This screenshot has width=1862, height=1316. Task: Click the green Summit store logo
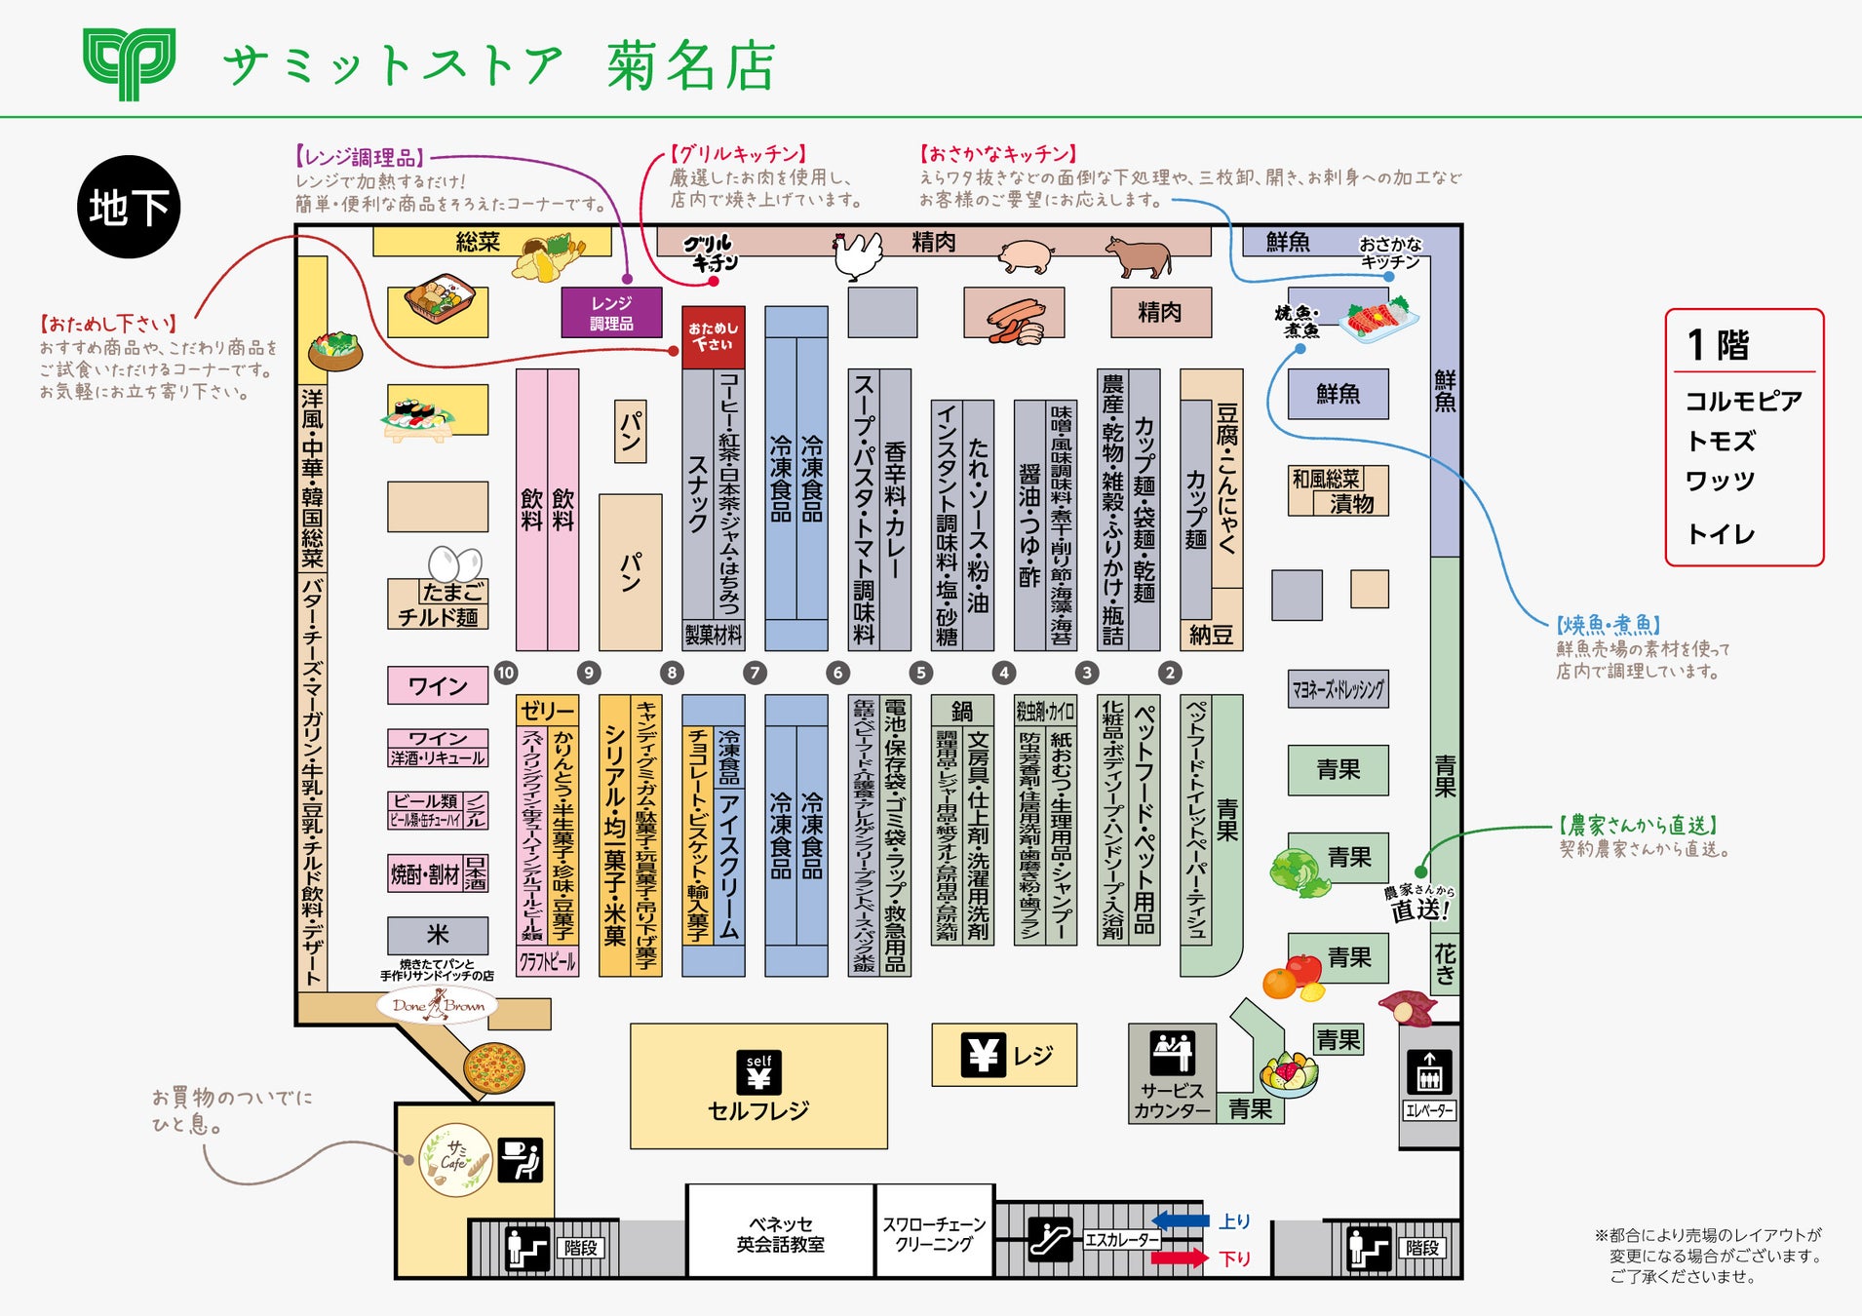coord(129,63)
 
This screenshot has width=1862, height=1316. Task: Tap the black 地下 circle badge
coord(129,207)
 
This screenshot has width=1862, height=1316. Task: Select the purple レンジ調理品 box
coord(611,313)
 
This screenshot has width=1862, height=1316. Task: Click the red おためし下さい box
coord(714,336)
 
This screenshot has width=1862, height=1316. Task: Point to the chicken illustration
coord(857,254)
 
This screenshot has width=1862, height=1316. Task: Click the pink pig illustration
coord(1027,256)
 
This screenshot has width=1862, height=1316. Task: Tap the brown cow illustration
coord(1139,255)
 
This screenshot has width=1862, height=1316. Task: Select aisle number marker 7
coord(755,673)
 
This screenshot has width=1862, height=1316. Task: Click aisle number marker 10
coord(505,673)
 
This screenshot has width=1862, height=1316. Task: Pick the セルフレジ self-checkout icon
coord(759,1072)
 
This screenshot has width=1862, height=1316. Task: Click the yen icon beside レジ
coord(983,1055)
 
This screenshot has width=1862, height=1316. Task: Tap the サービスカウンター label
coord(1172,1100)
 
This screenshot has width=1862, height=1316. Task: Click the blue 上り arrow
coord(1181,1220)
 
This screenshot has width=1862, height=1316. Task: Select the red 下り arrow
coord(1180,1258)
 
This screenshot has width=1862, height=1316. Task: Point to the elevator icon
coord(1429,1072)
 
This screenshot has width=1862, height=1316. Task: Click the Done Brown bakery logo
coord(438,1005)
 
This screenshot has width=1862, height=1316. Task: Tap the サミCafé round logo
coord(455,1158)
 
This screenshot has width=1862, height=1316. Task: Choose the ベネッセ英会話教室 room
coord(780,1233)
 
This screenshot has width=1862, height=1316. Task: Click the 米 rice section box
coord(438,935)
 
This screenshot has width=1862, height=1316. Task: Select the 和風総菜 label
coord(1325,479)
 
